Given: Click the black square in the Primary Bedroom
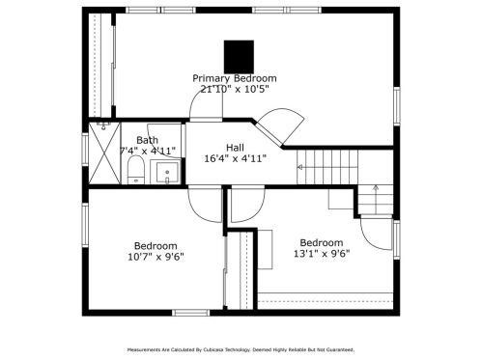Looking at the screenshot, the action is [x=239, y=57].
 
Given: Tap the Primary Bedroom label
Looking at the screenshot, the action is [x=235, y=78].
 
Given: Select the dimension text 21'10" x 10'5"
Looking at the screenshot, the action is [x=235, y=89].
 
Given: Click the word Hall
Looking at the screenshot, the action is [x=235, y=148].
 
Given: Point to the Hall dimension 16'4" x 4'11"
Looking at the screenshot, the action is [x=236, y=158].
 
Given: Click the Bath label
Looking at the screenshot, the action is [x=147, y=140].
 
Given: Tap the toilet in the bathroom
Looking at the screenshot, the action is [x=136, y=170].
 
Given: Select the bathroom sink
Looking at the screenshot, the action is [x=167, y=173].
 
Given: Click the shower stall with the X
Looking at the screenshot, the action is [x=104, y=153].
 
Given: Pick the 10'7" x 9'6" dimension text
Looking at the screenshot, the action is [x=156, y=257].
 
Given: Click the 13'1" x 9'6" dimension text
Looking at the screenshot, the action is [x=322, y=254].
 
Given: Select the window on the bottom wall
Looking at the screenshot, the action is [x=191, y=313].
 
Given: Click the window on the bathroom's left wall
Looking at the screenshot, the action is [x=85, y=150].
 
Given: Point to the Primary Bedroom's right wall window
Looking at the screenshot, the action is [x=397, y=106].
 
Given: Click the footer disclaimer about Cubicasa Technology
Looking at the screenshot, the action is [x=241, y=349].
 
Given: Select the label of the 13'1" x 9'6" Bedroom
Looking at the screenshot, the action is [x=322, y=242].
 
